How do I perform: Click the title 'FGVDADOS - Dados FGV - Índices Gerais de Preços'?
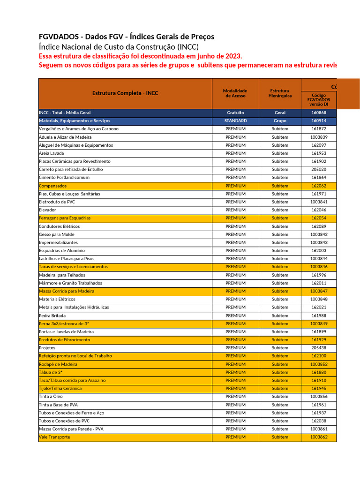pyautogui.click(x=127, y=37)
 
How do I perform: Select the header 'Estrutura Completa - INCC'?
pyautogui.click(x=125, y=93)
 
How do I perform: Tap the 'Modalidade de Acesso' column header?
pyautogui.click(x=235, y=93)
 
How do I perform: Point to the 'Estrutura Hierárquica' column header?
pyautogui.click(x=280, y=93)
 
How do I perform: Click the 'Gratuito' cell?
pyautogui.click(x=235, y=113)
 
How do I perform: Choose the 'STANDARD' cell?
pyautogui.click(x=235, y=121)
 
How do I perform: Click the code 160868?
pyautogui.click(x=319, y=113)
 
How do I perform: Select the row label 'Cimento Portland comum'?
pyautogui.click(x=64, y=178)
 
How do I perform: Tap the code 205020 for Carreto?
pyautogui.click(x=319, y=170)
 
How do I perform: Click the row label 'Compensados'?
pyautogui.click(x=53, y=186)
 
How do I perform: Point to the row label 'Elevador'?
pyautogui.click(x=47, y=210)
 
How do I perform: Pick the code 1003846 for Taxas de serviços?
pyautogui.click(x=319, y=267)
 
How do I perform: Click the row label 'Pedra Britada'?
pyautogui.click(x=52, y=315)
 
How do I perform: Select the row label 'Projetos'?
pyautogui.click(x=47, y=348)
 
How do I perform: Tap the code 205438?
pyautogui.click(x=319, y=348)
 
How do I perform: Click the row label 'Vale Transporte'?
pyautogui.click(x=54, y=437)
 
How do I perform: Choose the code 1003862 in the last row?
pyautogui.click(x=319, y=437)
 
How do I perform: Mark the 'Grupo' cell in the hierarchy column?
pyautogui.click(x=280, y=121)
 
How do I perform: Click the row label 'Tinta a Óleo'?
pyautogui.click(x=51, y=397)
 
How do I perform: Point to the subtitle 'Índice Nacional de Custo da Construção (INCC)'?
pyautogui.click(x=119, y=47)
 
